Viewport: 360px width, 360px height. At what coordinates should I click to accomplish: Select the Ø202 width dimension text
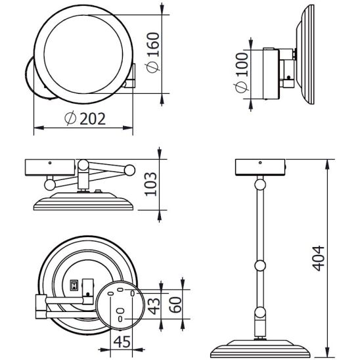(86, 118)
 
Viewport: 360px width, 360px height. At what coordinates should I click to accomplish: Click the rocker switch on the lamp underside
(74, 285)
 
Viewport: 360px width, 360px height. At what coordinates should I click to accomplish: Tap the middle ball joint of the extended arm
(260, 265)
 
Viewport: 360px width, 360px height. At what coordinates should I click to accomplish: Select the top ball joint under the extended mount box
(260, 186)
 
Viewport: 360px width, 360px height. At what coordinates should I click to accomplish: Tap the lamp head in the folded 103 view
(84, 200)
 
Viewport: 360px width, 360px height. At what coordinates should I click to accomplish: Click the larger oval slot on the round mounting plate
(121, 312)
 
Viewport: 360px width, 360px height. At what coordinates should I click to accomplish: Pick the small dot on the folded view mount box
(50, 161)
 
